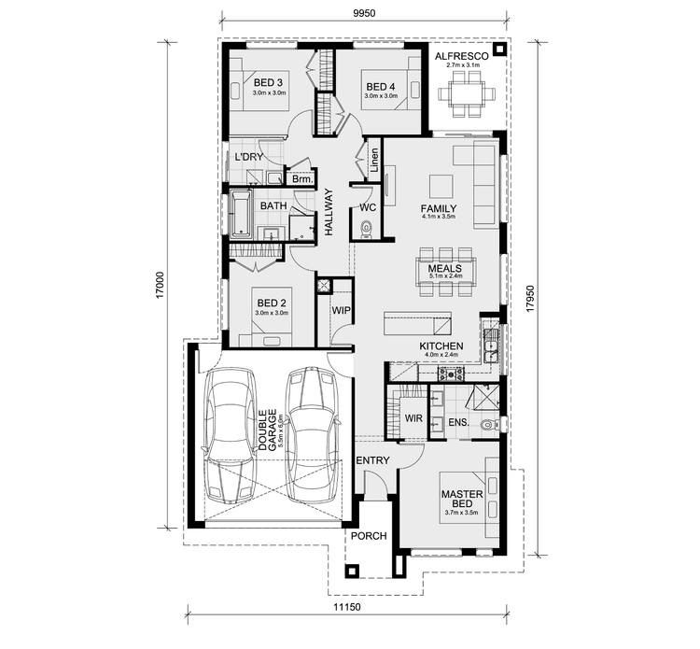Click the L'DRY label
pyautogui.click(x=248, y=156)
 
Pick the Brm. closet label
pyautogui.click(x=301, y=178)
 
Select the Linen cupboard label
pyautogui.click(x=372, y=160)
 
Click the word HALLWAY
pyautogui.click(x=328, y=211)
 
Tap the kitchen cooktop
pyautogui.click(x=452, y=374)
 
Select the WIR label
pyautogui.click(x=413, y=418)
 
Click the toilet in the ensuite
pyautogui.click(x=485, y=426)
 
